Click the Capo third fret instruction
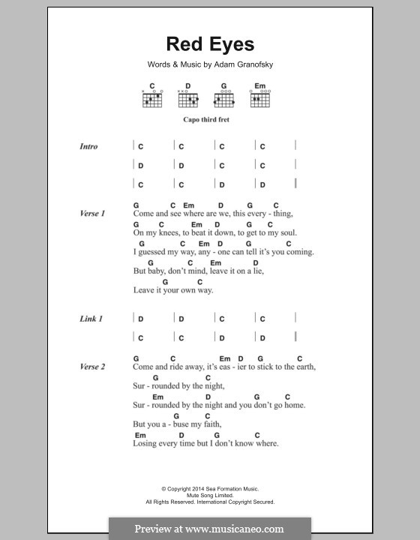(x=209, y=119)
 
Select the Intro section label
(x=88, y=147)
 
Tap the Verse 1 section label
(x=91, y=214)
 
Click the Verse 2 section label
(x=91, y=367)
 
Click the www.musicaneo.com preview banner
(x=209, y=528)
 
